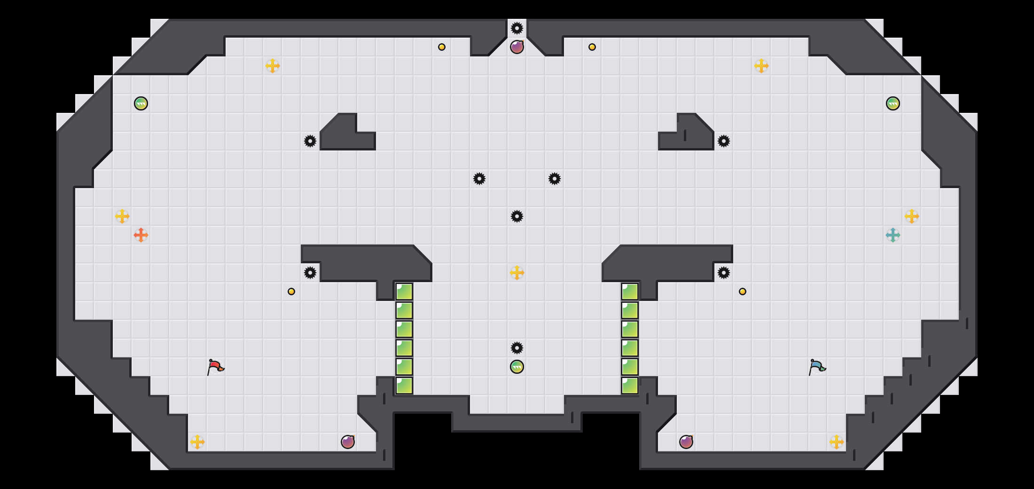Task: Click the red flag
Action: click(x=215, y=367)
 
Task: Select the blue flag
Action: click(x=817, y=367)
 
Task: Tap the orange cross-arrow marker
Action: click(x=141, y=235)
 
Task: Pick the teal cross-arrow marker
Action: click(x=893, y=235)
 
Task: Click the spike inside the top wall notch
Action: click(x=517, y=28)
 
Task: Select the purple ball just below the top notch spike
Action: click(x=517, y=47)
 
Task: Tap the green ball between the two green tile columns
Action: click(x=517, y=367)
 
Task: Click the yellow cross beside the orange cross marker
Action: click(x=122, y=216)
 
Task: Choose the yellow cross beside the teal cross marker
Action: click(x=912, y=216)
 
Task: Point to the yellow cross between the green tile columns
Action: click(x=517, y=273)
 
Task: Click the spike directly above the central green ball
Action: click(x=517, y=348)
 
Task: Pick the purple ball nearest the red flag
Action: click(x=348, y=442)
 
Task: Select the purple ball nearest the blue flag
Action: click(x=686, y=442)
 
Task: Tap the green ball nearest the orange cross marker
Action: click(x=141, y=103)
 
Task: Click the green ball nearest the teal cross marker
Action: click(x=893, y=103)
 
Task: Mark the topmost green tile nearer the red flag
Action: click(x=404, y=292)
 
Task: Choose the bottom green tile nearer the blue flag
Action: click(x=630, y=386)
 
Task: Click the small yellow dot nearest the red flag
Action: click(x=291, y=292)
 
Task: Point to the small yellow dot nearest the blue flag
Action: click(x=743, y=292)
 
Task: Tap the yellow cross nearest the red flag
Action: click(x=197, y=442)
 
